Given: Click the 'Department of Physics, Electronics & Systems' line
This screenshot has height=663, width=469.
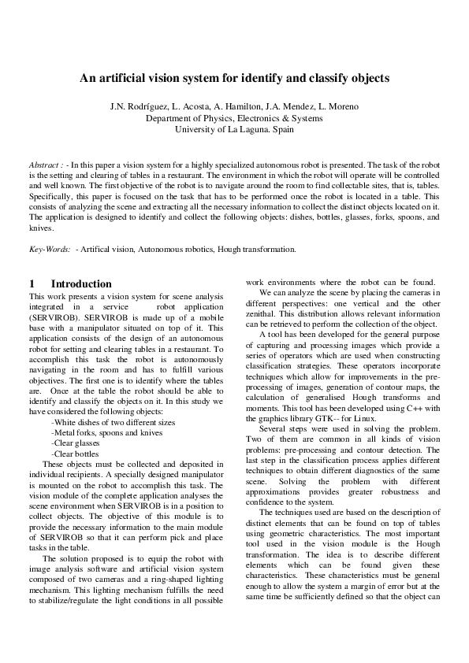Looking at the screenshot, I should [x=234, y=118].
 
